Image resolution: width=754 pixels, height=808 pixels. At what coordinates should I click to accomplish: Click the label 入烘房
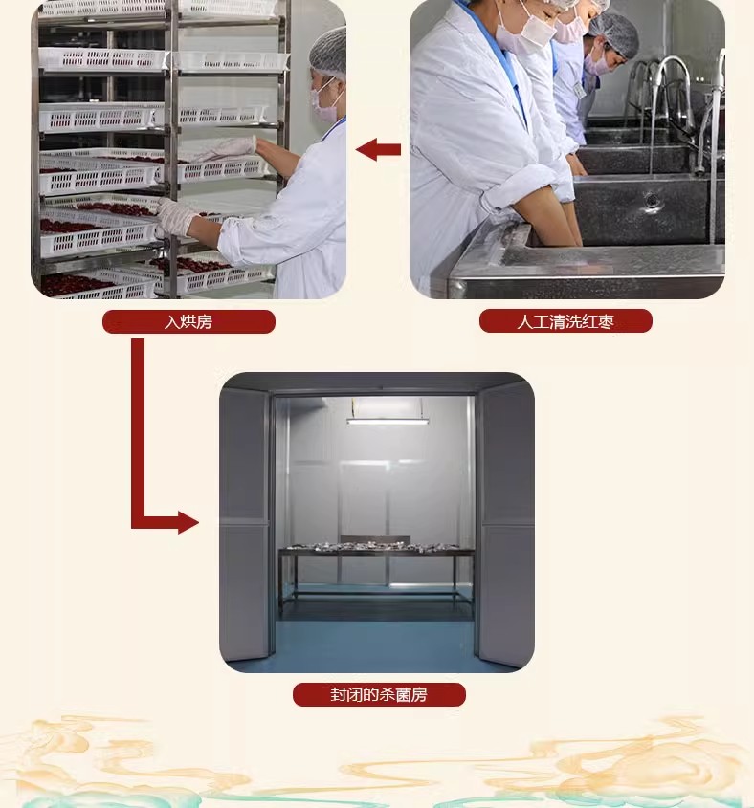pos(188,322)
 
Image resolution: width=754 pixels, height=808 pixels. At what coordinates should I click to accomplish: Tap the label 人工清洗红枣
pos(565,321)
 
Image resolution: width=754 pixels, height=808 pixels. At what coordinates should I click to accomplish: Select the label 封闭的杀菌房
pos(379,694)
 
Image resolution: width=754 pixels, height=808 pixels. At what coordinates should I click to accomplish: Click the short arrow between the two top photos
pos(378,149)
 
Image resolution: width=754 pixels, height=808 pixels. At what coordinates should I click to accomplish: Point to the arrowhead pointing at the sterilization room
pos(188,522)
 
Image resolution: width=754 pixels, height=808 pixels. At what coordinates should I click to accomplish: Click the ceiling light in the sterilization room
pos(388,421)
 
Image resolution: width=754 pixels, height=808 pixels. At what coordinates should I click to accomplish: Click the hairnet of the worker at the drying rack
pos(328,52)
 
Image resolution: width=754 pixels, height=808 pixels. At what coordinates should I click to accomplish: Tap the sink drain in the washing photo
pos(652,199)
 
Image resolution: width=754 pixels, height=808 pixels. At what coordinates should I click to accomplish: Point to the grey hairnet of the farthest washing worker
pos(614,34)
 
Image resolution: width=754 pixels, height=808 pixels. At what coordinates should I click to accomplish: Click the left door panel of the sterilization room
pos(244,523)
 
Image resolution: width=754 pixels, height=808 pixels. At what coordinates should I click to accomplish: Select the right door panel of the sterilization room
pos(507,523)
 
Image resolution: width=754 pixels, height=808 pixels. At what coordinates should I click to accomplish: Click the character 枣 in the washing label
pos(606,321)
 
